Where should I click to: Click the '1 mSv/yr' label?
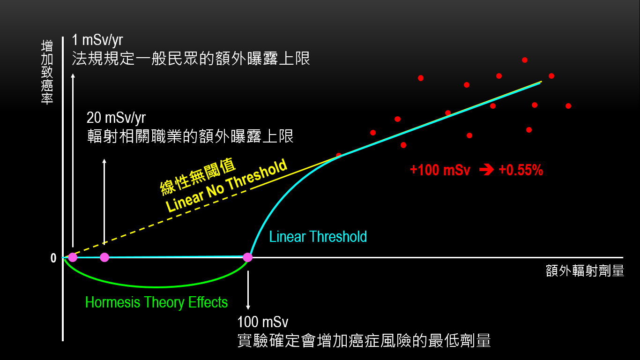point(97,40)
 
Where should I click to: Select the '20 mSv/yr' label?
point(116,118)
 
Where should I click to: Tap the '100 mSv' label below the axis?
point(262,322)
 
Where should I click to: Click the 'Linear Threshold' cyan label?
point(318,237)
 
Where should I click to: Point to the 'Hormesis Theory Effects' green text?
point(156,302)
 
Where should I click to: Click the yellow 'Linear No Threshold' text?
point(226,185)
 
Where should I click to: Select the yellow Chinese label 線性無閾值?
point(198,176)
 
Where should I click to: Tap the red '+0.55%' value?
point(521,170)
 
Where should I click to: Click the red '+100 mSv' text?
point(440,170)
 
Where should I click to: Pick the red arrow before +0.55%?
point(487,170)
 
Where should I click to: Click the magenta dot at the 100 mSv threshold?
point(248,257)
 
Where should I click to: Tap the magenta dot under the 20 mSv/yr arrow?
point(104,257)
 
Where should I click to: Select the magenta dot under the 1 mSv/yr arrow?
point(73,257)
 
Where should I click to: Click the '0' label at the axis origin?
point(53,258)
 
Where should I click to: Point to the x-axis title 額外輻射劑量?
point(585,270)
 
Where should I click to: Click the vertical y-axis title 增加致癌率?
point(47,72)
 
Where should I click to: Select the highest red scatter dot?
point(525,60)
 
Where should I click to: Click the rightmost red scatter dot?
point(568,106)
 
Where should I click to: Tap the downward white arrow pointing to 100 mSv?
point(248,290)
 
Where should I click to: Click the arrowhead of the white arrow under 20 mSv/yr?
point(104,161)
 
